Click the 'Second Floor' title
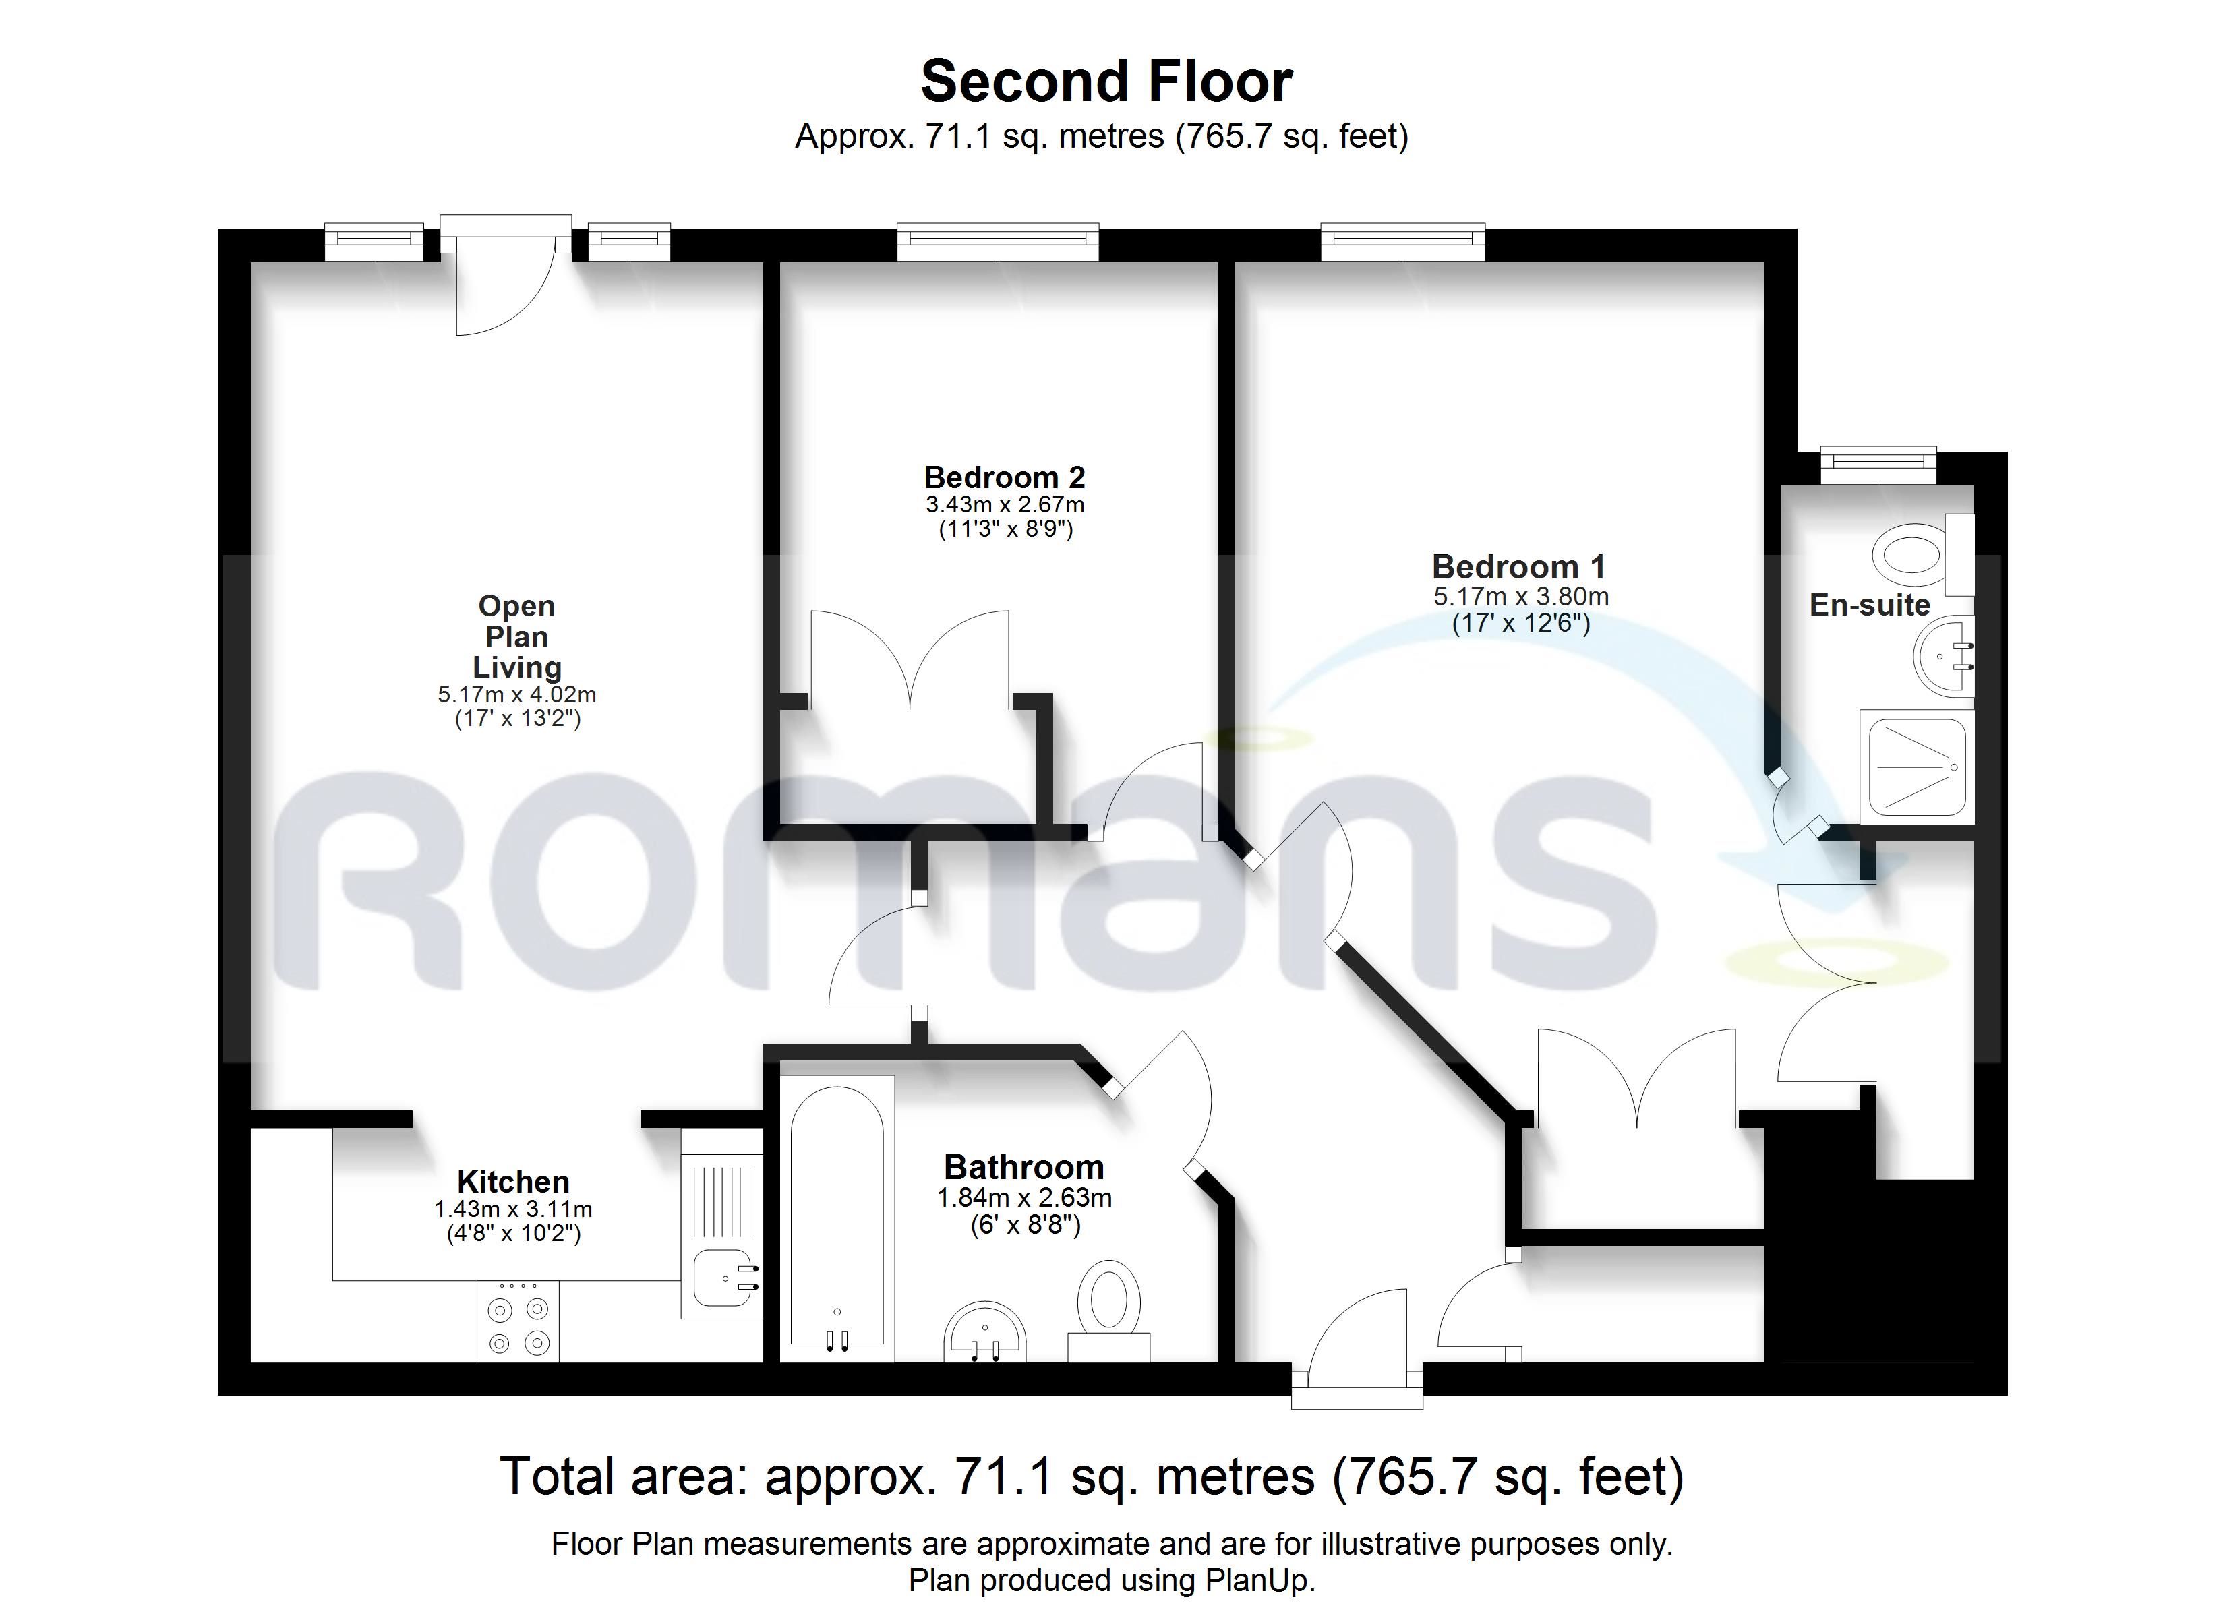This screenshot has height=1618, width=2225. pyautogui.click(x=1106, y=82)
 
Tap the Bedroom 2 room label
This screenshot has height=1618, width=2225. pyautogui.click(x=1005, y=478)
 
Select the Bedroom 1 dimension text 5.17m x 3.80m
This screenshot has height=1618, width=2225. pyautogui.click(x=1520, y=597)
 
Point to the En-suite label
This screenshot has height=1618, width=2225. pyautogui.click(x=1870, y=605)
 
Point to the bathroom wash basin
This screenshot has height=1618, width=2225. pyautogui.click(x=985, y=1331)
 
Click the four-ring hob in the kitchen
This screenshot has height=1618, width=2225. pyautogui.click(x=518, y=1321)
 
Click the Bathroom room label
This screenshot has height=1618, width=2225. pyautogui.click(x=1024, y=1168)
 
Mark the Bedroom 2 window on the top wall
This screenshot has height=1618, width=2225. pyautogui.click(x=998, y=241)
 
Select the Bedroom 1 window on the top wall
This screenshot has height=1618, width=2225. pyautogui.click(x=1403, y=241)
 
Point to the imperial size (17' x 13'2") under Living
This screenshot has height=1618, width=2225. pyautogui.click(x=518, y=718)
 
